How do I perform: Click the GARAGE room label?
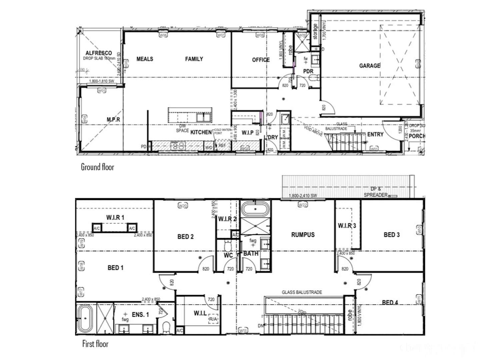(x=369, y=66)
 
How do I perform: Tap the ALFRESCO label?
(x=98, y=53)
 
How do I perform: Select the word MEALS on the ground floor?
(x=145, y=59)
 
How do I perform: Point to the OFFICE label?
(x=261, y=60)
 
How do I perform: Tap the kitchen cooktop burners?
(x=178, y=145)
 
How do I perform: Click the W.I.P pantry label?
(x=247, y=133)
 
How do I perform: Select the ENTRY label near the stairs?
(x=375, y=134)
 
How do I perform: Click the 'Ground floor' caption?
(x=97, y=167)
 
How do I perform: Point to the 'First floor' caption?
(x=95, y=344)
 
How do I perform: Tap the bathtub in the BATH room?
(x=255, y=209)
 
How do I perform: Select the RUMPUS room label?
(x=303, y=235)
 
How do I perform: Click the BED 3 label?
(x=391, y=235)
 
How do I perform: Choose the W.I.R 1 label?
(x=115, y=217)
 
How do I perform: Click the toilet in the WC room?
(x=228, y=246)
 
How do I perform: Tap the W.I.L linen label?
(x=200, y=313)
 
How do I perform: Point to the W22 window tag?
(x=302, y=205)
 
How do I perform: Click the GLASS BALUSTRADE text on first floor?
(x=302, y=292)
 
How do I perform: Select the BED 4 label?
(x=390, y=302)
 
